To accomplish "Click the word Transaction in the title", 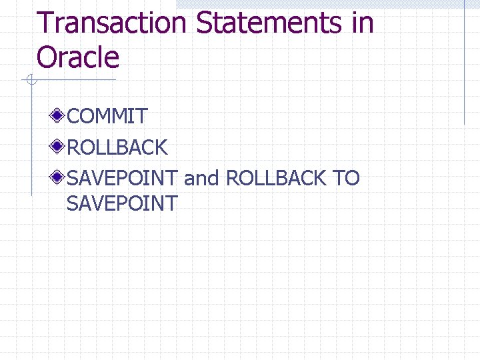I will pos(111,23).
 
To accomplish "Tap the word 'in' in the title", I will pos(361,23).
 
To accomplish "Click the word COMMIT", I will pos(107,117).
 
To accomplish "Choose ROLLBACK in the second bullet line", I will pos(117,147).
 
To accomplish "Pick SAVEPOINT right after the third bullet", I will pos(122,179).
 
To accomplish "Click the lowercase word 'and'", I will pos(201,179).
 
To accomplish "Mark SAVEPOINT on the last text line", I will pos(122,203).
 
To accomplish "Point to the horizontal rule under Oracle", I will pos(73,81).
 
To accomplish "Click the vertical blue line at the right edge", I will pos(464,67).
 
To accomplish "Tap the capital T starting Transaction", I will pos(45,23).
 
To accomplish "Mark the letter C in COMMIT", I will pos(75,117).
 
